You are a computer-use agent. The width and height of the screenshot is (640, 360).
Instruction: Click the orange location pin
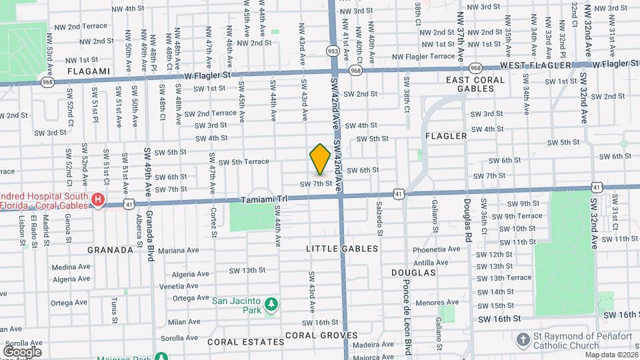pos(320,159)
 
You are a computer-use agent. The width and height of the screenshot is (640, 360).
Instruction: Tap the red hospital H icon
pos(98,199)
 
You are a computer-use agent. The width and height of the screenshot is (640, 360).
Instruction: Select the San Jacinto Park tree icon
pos(271,305)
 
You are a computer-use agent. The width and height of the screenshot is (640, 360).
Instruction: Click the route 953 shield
pos(333,51)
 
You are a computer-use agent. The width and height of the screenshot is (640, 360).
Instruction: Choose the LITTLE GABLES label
pos(342,249)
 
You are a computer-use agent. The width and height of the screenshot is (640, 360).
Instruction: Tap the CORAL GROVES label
pos(321,335)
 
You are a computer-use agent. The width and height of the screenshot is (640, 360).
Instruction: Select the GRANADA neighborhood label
pos(110,250)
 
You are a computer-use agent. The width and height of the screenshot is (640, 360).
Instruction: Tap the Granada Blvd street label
pos(150,227)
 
